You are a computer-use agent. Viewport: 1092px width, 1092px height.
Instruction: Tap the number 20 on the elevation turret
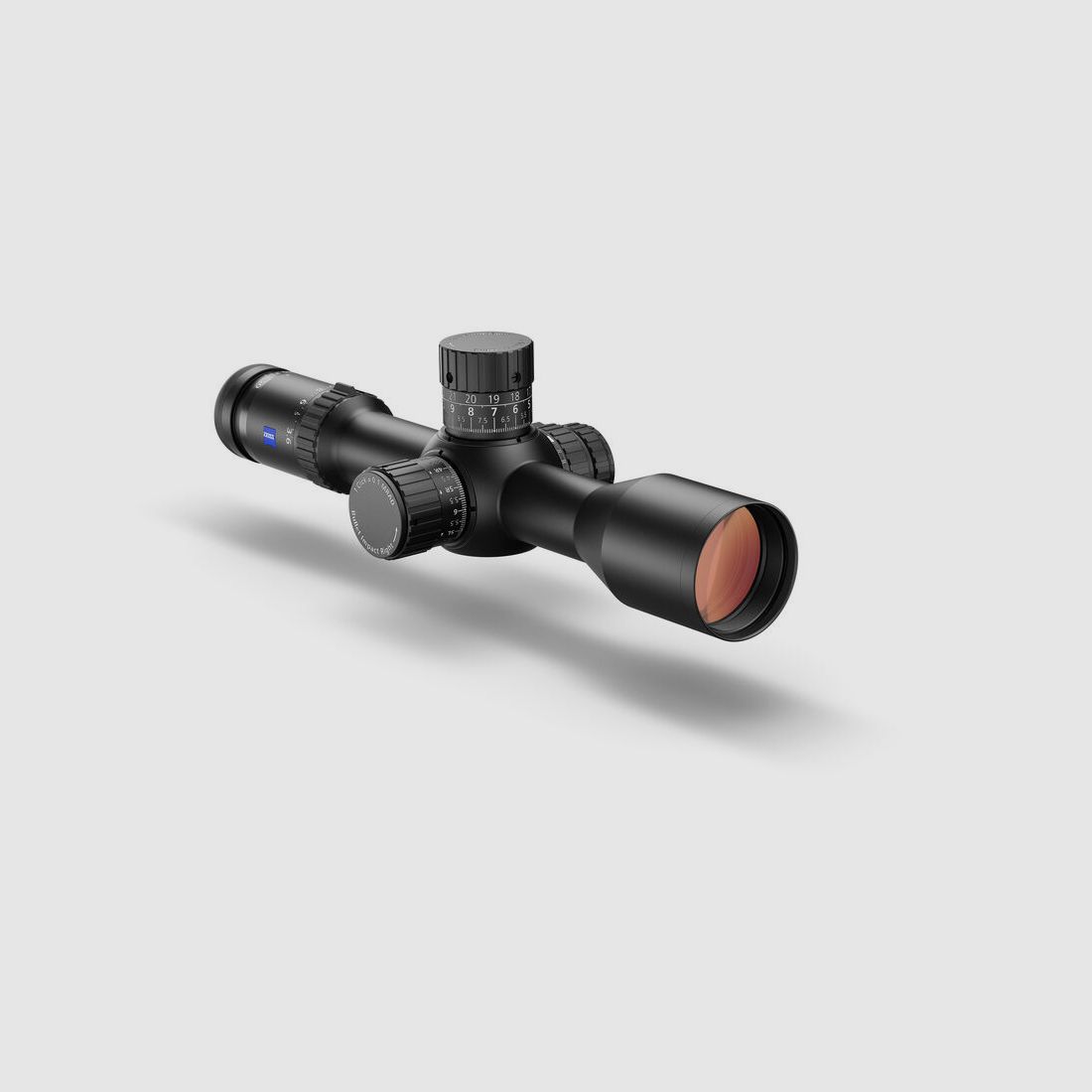pos(471,398)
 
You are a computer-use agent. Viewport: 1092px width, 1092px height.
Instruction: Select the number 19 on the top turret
pos(494,398)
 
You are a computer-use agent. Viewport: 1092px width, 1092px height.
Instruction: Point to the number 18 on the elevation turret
pos(515,397)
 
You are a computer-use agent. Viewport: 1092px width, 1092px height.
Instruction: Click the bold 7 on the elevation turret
pos(494,411)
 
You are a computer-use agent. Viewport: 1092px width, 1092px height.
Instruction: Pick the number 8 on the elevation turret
pos(471,411)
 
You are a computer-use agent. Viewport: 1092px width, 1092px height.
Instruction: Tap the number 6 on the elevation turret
pos(515,410)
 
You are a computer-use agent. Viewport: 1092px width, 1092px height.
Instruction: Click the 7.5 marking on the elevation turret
pos(482,421)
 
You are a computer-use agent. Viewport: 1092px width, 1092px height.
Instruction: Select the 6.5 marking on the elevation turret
pos(505,420)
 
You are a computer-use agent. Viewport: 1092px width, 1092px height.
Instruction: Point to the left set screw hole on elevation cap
pos(448,376)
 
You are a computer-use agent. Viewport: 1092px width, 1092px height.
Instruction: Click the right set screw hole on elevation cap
pos(517,374)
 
